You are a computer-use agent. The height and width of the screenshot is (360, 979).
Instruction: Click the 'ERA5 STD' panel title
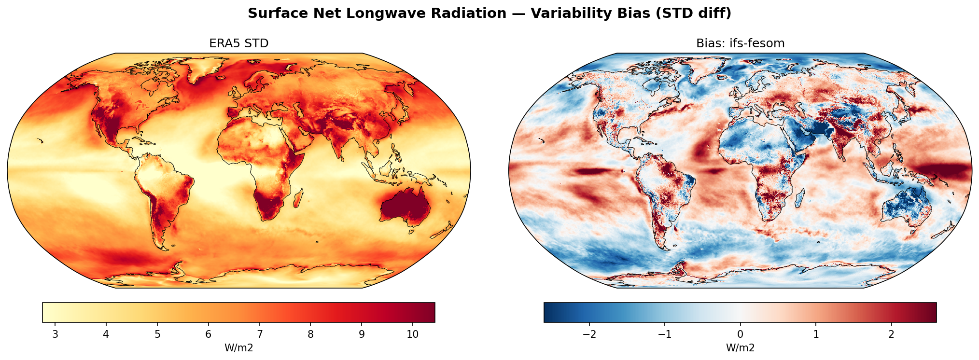click(x=238, y=43)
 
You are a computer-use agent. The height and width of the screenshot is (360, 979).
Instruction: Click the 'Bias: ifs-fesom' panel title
click(x=740, y=43)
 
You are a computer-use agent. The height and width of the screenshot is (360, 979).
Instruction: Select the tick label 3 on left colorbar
click(x=55, y=335)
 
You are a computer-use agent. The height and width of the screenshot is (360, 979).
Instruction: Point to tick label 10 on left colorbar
click(x=412, y=335)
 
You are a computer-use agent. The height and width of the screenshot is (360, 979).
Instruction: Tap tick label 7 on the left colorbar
click(x=259, y=335)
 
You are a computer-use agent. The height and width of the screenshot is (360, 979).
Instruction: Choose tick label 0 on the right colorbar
click(x=740, y=335)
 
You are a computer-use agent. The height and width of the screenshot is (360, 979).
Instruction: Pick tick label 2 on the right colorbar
click(x=891, y=335)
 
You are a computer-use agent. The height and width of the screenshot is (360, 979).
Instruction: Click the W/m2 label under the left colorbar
click(x=238, y=348)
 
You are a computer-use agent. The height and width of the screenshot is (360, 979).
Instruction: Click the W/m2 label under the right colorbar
click(x=740, y=348)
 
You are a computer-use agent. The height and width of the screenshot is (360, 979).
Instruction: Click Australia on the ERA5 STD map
click(x=406, y=208)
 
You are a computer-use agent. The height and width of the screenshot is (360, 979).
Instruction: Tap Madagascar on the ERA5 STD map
click(x=298, y=198)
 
